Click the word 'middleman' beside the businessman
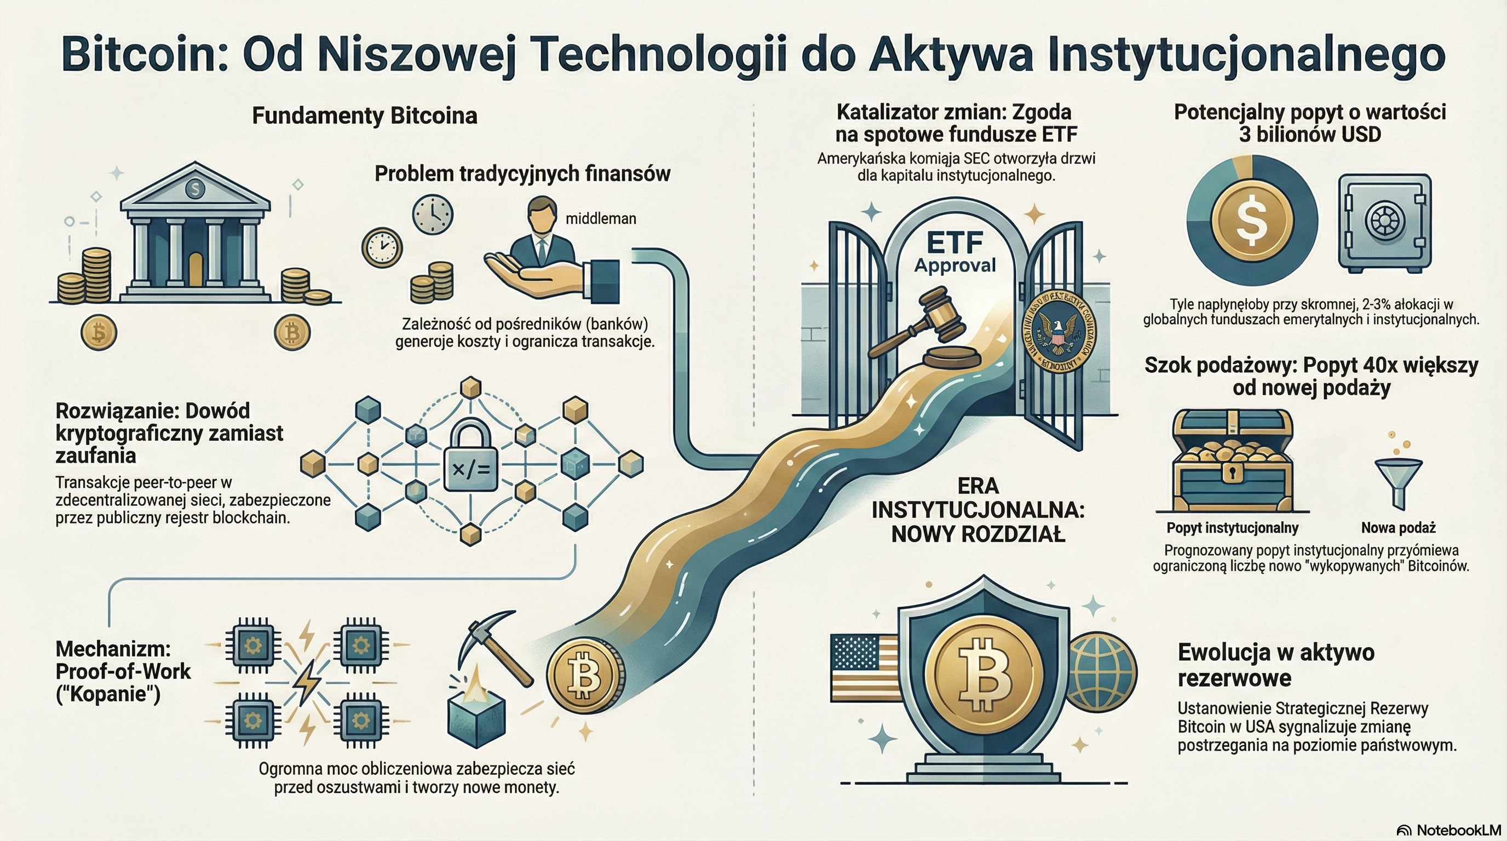click(600, 218)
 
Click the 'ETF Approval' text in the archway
click(955, 252)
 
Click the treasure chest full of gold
click(1232, 462)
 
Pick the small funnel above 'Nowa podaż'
click(1397, 480)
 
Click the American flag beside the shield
click(865, 667)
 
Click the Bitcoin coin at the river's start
click(584, 677)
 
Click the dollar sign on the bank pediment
click(194, 188)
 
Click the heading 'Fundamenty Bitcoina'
click(365, 116)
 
